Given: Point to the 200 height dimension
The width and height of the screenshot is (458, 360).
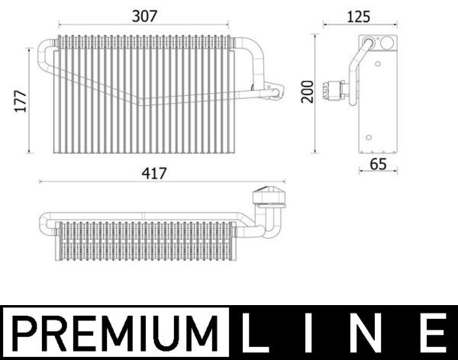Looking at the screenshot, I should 307,92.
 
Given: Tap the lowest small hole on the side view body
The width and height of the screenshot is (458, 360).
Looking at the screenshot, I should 368,137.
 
